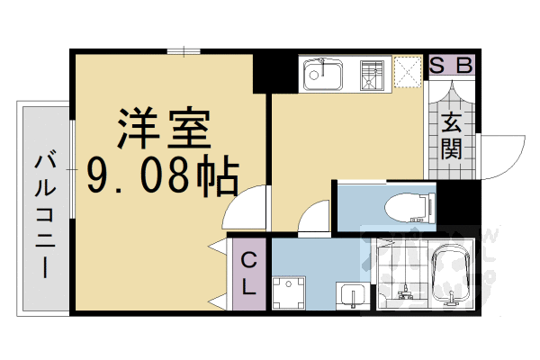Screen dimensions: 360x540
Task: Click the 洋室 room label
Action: (x=163, y=131)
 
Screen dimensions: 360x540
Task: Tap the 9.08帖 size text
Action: (x=163, y=175)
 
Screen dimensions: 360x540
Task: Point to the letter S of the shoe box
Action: (x=436, y=65)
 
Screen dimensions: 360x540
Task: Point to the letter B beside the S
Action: (x=464, y=65)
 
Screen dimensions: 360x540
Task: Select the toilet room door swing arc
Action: (x=315, y=219)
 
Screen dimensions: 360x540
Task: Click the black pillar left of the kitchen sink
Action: (x=268, y=72)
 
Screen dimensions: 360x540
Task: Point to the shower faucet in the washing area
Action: (x=402, y=290)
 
